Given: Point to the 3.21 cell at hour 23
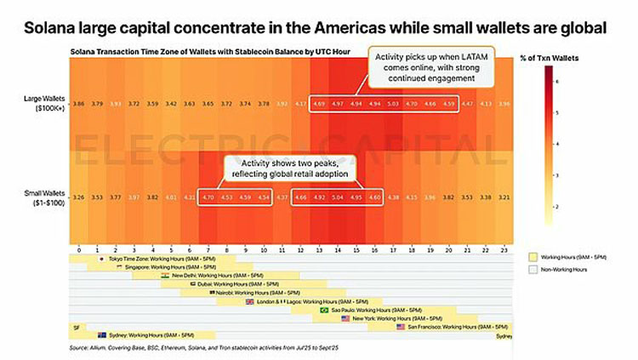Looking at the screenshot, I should pyautogui.click(x=505, y=196).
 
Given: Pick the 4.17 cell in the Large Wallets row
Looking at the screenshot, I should pyautogui.click(x=301, y=103).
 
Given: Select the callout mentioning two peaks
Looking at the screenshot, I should pyautogui.click(x=290, y=168).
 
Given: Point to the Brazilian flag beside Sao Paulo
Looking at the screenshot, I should pyautogui.click(x=323, y=310).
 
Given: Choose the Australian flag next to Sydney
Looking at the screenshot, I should pyautogui.click(x=102, y=334).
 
